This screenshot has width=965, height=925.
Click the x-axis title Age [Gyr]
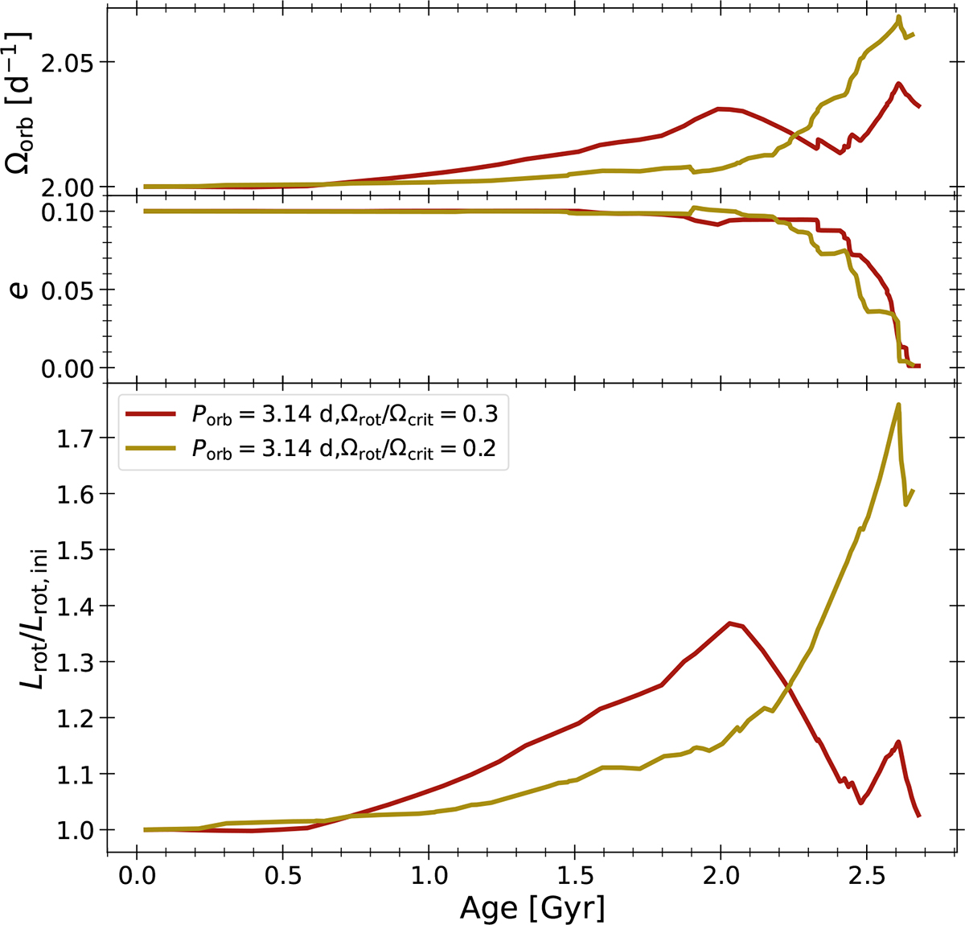[532, 907]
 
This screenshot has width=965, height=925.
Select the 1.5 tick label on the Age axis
[574, 875]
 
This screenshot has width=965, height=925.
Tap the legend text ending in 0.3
[344, 414]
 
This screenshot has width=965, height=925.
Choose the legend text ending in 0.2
[344, 451]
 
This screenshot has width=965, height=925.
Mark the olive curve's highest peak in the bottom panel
[898, 405]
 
